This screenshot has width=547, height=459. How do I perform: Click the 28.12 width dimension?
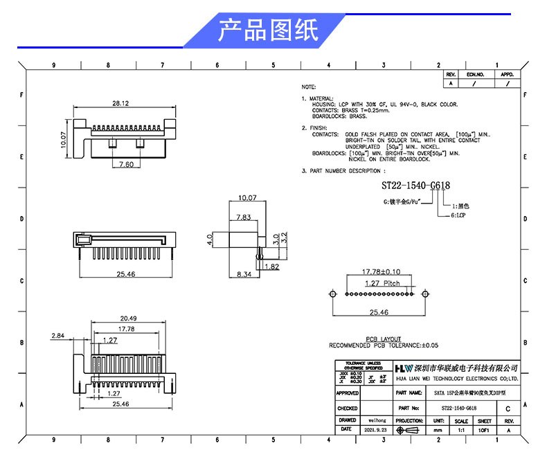tap(120, 103)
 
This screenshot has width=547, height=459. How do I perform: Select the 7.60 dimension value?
tap(126, 164)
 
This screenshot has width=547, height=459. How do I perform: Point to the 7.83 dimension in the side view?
tap(242, 217)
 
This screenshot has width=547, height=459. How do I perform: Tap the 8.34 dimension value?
tap(243, 275)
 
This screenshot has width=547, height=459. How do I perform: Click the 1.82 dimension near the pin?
tap(271, 267)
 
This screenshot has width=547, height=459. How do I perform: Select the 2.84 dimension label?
tap(58, 335)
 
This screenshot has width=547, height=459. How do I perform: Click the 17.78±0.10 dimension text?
tap(382, 271)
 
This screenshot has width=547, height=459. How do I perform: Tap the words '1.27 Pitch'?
tap(382, 283)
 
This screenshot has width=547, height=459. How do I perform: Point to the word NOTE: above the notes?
tap(309, 87)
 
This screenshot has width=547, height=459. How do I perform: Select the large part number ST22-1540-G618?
tap(416, 186)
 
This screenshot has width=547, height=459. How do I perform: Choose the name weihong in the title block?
tap(377, 420)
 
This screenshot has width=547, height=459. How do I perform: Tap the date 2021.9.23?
tap(377, 430)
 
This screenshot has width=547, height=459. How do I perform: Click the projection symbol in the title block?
tap(410, 430)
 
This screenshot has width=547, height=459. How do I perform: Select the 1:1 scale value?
tap(460, 430)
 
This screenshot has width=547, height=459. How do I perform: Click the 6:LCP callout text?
tap(461, 216)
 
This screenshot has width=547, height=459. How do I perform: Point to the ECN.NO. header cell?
tap(475, 74)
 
